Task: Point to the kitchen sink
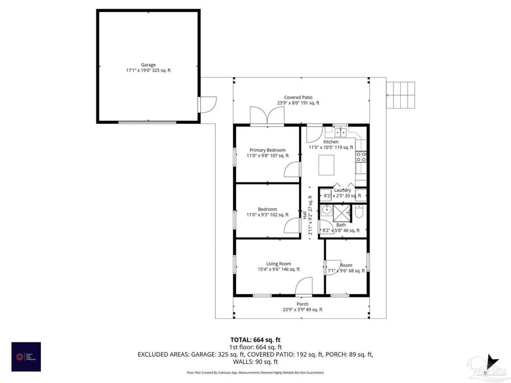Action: pyautogui.click(x=340, y=131)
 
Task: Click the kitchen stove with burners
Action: pyautogui.click(x=361, y=157)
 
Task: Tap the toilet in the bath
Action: pyautogui.click(x=359, y=212)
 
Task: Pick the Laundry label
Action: pyautogui.click(x=342, y=190)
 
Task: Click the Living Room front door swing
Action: pyautogui.click(x=304, y=286)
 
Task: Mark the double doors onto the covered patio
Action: pyautogui.click(x=267, y=116)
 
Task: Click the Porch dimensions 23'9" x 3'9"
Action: pyautogui.click(x=302, y=310)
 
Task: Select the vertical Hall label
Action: pyautogui.click(x=304, y=216)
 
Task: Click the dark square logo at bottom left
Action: pyautogui.click(x=26, y=356)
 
